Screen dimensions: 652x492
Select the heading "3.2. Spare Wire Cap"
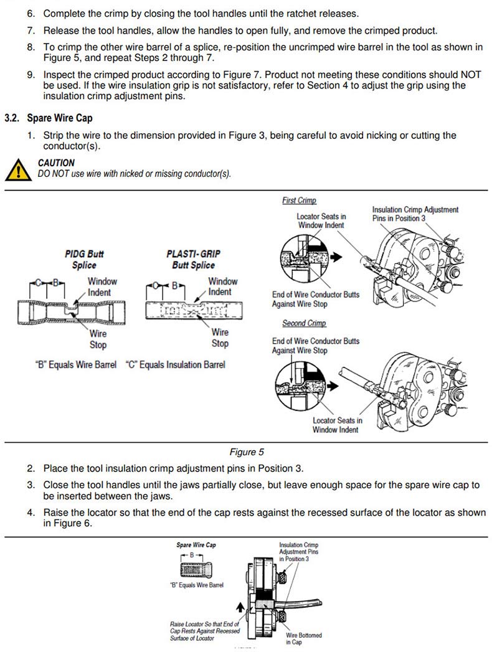click(x=49, y=118)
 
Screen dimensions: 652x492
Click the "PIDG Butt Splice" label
click(x=84, y=259)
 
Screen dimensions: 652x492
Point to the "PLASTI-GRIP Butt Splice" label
click(x=193, y=259)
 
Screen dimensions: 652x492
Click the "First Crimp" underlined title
click(x=299, y=201)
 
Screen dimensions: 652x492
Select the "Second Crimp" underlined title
click(x=304, y=323)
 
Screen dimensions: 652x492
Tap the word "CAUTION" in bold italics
click(x=56, y=163)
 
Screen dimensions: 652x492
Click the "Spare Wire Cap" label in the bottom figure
click(x=196, y=545)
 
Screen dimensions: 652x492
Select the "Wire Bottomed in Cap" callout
click(x=304, y=638)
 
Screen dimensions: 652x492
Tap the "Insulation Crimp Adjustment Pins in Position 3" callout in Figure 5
click(x=415, y=214)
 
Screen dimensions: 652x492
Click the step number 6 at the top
click(x=31, y=13)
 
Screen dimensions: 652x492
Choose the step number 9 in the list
click(x=31, y=75)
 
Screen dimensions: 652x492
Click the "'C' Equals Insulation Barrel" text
click(x=175, y=364)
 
